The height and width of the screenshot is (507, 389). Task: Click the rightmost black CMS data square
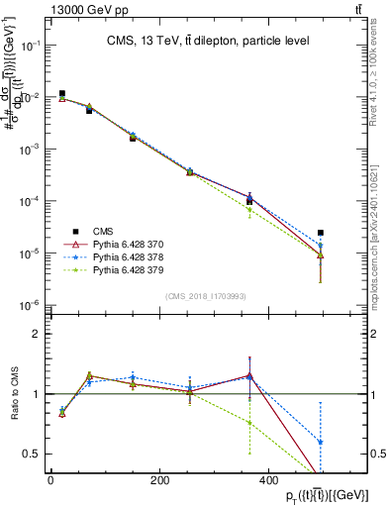pyautogui.click(x=320, y=233)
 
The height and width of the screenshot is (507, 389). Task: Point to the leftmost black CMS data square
pyautogui.click(x=61, y=94)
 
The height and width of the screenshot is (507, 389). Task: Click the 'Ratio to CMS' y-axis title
pyautogui.click(x=13, y=394)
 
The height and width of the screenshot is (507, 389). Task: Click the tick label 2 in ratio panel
pyautogui.click(x=38, y=334)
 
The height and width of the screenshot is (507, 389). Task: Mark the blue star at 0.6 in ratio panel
pyautogui.click(x=320, y=442)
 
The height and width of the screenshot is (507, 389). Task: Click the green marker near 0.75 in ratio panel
pyautogui.click(x=249, y=423)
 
